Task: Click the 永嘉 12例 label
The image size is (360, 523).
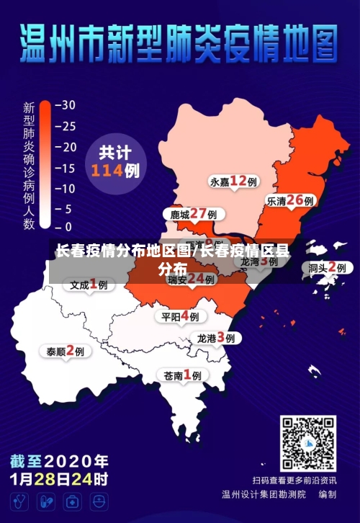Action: [x=234, y=181]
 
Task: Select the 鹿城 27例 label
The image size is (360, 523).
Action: [x=193, y=214]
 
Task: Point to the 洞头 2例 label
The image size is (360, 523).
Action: [x=328, y=267]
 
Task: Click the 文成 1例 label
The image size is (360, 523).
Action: [x=89, y=285]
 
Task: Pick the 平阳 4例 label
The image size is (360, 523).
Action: [x=180, y=316]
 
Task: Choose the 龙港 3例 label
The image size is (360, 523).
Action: [x=216, y=337]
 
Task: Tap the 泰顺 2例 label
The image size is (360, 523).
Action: [x=66, y=352]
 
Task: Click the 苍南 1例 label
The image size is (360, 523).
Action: [x=182, y=375]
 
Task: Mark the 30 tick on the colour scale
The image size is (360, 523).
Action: [x=65, y=104]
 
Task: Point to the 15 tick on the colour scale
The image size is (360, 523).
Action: [x=65, y=168]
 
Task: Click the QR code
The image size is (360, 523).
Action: [x=307, y=443]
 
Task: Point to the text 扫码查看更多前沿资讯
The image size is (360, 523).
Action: [x=294, y=480]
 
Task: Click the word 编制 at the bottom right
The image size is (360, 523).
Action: [x=328, y=495]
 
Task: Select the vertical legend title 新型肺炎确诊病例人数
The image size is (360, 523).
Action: [x=29, y=166]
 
